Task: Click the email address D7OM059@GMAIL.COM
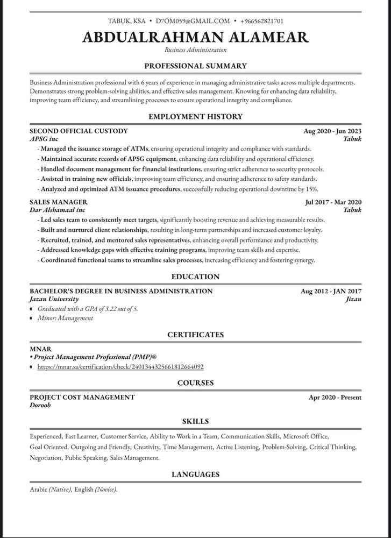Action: click(x=193, y=21)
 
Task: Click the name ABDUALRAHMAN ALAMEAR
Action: click(x=196, y=37)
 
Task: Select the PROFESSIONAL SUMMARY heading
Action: click(x=195, y=66)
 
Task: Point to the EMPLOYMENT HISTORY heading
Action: click(x=195, y=117)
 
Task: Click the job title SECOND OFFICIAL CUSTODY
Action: click(x=79, y=131)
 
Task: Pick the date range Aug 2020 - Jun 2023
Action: click(x=332, y=131)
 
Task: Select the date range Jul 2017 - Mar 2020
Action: click(x=333, y=202)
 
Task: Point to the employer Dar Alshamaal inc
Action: click(x=57, y=210)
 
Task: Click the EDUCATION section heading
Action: click(x=195, y=277)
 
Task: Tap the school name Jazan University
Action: click(x=54, y=299)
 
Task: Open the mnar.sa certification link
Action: click(x=120, y=366)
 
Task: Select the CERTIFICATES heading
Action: click(x=195, y=335)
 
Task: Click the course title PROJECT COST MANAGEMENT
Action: click(x=82, y=398)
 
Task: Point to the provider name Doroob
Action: click(x=41, y=406)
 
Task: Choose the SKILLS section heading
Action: click(x=195, y=421)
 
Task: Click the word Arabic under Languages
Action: click(x=38, y=490)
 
